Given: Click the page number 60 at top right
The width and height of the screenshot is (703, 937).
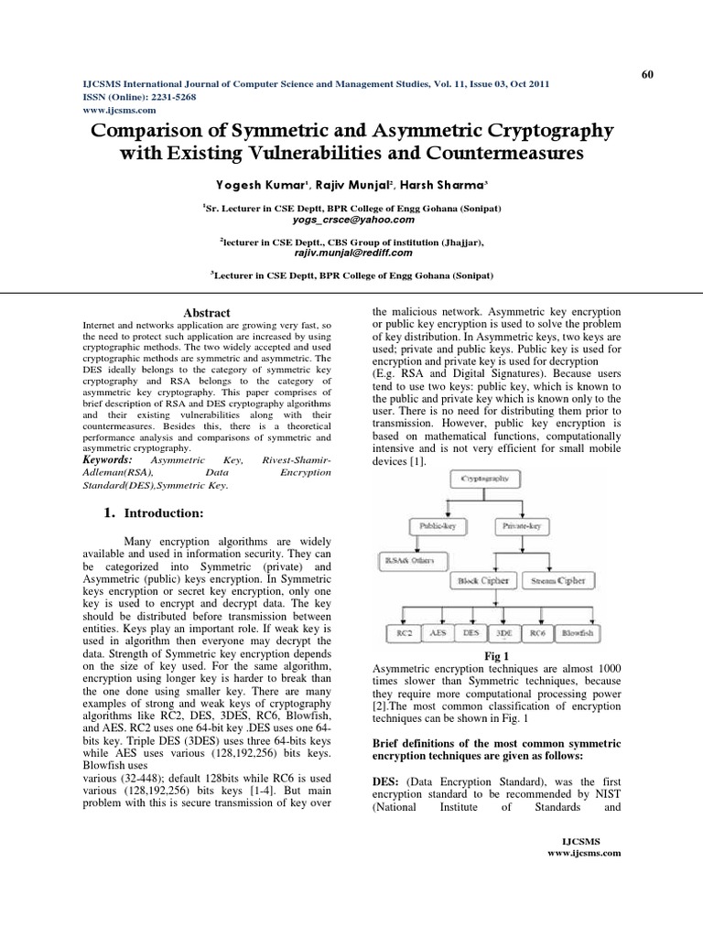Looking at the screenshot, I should (647, 74).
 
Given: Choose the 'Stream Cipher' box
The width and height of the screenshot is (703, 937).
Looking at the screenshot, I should (558, 580).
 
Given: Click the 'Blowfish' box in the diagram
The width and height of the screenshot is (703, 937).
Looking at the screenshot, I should (577, 633).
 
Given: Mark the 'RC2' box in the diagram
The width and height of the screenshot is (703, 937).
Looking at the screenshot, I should (404, 633).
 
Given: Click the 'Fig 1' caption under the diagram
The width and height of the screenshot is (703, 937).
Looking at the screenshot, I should (494, 656).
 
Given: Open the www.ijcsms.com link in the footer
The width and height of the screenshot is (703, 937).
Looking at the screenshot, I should (584, 852).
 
